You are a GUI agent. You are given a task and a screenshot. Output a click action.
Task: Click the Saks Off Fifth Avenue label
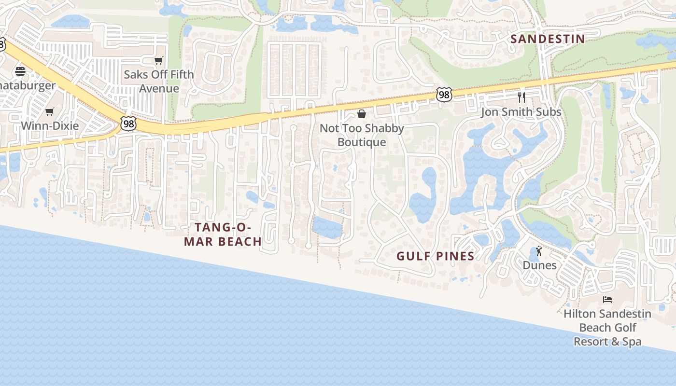point(158,81)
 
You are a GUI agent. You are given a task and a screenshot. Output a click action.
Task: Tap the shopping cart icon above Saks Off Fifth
point(158,60)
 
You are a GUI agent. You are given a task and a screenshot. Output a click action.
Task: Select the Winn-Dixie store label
point(49,126)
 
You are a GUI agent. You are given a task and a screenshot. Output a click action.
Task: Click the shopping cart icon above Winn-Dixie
point(49,112)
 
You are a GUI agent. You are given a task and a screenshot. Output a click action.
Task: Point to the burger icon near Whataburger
point(20,71)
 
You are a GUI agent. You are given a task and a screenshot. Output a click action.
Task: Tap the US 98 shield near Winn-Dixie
point(129,124)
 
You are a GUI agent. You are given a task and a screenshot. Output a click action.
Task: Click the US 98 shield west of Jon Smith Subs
point(444,95)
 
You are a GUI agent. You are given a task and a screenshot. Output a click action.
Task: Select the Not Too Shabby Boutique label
point(362,135)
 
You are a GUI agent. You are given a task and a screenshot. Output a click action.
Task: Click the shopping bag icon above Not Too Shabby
point(362,114)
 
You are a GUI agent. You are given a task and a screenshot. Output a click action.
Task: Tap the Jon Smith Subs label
point(521,112)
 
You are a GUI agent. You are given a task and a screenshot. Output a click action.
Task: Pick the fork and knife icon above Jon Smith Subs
point(521,97)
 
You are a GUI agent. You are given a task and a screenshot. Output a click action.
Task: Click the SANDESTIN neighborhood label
point(548,39)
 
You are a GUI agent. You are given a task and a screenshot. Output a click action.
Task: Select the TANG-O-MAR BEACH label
point(223,234)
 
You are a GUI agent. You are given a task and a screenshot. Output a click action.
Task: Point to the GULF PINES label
point(436,256)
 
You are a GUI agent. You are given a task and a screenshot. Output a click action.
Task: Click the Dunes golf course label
point(539,265)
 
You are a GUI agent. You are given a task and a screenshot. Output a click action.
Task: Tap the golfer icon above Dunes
point(539,251)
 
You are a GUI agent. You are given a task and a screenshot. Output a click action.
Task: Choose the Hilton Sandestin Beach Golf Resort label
point(607,328)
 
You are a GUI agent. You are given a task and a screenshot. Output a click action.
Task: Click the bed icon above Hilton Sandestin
point(607,300)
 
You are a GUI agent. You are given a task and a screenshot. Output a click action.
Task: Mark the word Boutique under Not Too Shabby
point(362,142)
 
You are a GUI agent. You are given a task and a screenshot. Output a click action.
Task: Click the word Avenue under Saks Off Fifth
point(159,88)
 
